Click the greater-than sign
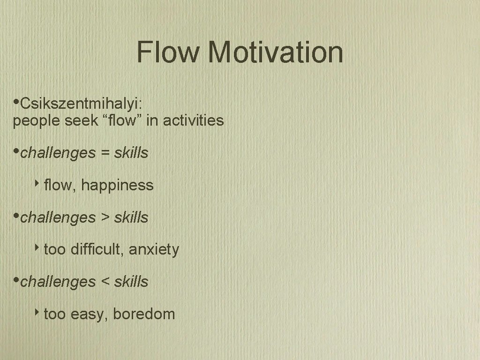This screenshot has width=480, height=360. coord(104,217)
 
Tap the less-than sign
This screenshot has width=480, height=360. coord(104,282)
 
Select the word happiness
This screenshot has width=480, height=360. coord(117,185)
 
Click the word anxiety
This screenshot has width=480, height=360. coord(154,249)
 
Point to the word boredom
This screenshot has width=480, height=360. coord(143,314)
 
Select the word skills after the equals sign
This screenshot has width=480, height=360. coord(131,153)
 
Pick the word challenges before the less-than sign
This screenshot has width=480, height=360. coord(58,282)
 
